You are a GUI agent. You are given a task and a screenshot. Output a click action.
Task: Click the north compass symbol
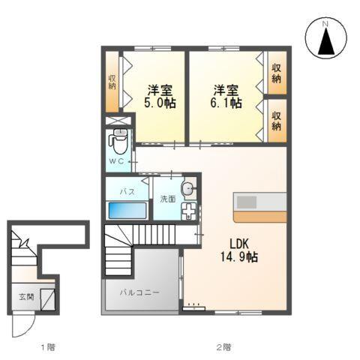326,38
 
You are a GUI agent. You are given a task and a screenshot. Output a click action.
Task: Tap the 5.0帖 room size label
160,103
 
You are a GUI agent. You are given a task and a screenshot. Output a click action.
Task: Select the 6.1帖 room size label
225,103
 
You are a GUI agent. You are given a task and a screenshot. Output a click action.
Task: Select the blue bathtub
127,210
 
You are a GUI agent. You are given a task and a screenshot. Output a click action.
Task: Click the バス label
127,191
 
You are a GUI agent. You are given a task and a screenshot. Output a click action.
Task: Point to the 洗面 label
167,199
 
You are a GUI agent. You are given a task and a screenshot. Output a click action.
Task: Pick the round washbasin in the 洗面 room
188,187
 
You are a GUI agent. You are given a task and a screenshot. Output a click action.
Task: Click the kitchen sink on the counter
248,202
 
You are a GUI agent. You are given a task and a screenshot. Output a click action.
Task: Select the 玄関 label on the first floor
26,297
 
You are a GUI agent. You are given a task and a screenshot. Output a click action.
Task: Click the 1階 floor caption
48,347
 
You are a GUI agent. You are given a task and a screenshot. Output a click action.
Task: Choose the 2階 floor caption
223,347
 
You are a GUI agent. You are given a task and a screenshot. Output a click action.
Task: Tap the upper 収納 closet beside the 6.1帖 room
277,72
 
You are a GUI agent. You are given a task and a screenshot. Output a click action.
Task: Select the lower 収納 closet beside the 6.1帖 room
277,120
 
